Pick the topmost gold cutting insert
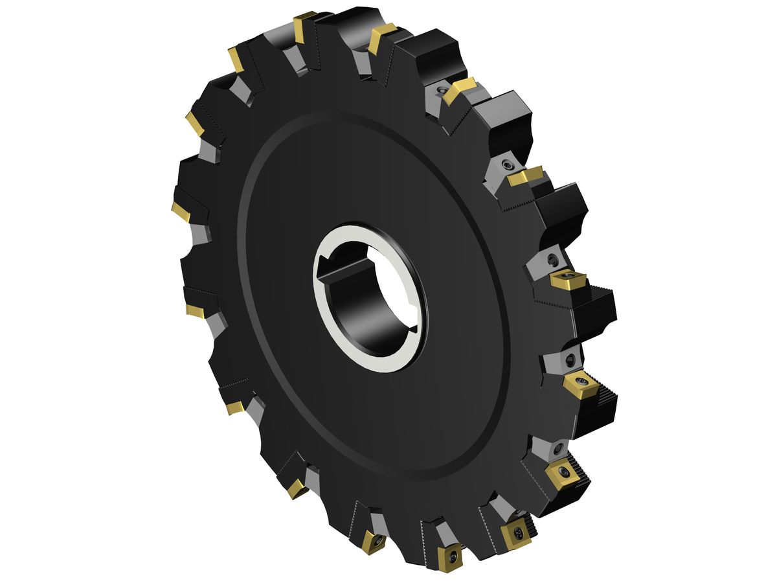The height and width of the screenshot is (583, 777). click(x=302, y=26)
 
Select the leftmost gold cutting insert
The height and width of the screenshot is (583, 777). click(x=181, y=211)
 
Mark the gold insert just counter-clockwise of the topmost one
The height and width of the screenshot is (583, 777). click(x=236, y=60)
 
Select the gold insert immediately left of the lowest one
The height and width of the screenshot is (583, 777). click(x=374, y=540)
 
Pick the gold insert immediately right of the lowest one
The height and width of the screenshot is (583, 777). click(x=516, y=534)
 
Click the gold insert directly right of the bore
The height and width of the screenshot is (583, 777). click(x=568, y=280)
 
